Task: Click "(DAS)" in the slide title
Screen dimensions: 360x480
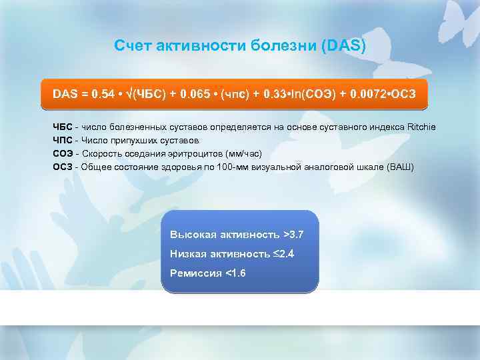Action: point(343,45)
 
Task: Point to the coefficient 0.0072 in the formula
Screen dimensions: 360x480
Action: point(361,95)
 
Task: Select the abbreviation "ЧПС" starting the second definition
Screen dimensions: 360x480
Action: point(63,141)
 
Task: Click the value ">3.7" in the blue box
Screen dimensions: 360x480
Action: point(293,235)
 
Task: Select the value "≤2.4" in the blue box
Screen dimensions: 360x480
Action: point(283,254)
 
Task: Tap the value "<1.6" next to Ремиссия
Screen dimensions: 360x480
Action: point(236,273)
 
